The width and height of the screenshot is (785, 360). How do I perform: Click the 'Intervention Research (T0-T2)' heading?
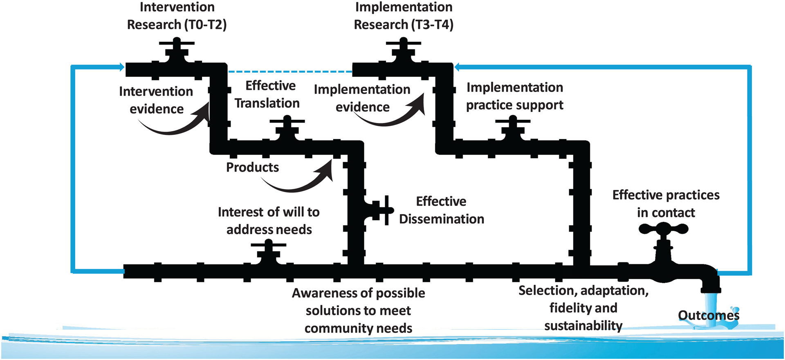(x=177, y=16)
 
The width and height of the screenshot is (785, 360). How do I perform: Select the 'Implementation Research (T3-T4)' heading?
(x=404, y=16)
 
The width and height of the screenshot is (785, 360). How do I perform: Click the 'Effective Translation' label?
(x=268, y=94)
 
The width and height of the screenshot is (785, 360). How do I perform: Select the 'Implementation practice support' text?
(x=514, y=96)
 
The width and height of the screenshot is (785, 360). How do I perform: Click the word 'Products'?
(x=252, y=167)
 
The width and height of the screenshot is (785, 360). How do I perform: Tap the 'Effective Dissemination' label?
(x=441, y=210)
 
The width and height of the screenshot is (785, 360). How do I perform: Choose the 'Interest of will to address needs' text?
(x=269, y=221)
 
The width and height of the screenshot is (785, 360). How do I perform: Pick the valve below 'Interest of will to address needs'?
(x=268, y=250)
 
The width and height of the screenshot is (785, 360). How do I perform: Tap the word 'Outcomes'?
(x=709, y=315)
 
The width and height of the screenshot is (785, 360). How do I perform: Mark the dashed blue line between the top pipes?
(x=289, y=72)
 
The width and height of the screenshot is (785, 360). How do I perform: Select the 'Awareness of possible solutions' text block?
(x=358, y=311)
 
